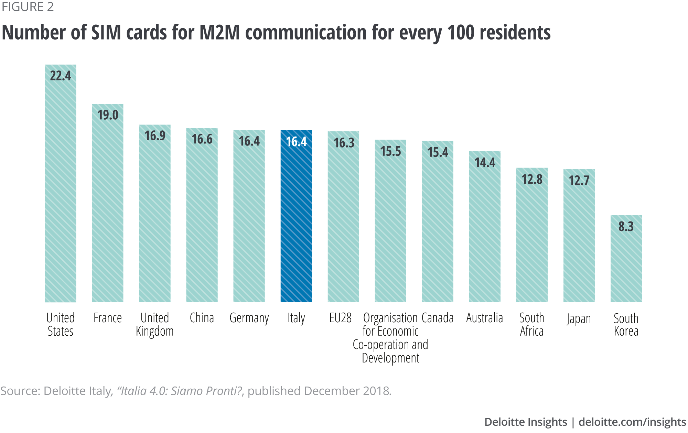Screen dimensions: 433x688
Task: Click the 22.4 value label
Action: (61, 76)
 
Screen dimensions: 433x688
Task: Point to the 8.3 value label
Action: (626, 227)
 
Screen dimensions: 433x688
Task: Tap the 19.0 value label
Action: (108, 115)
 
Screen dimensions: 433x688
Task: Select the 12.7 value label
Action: (579, 181)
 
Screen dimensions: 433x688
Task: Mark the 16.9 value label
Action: (155, 136)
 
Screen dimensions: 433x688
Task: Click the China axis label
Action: (202, 318)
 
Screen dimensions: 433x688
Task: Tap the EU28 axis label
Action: (341, 318)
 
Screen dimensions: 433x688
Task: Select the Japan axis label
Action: (579, 319)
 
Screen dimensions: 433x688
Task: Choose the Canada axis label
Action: (438, 318)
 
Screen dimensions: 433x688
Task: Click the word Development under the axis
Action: (390, 358)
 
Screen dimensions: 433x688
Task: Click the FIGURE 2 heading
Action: (28, 7)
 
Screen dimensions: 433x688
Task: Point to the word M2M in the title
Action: (219, 33)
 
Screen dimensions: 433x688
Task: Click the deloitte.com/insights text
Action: (632, 422)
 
